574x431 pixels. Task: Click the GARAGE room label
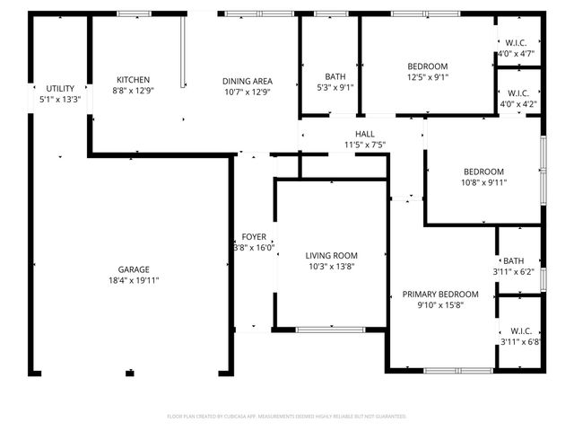click(134, 269)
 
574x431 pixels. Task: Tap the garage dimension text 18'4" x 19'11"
click(134, 280)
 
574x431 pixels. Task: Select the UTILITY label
click(60, 88)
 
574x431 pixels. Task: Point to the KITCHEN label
click(133, 80)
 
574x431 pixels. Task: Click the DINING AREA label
click(247, 81)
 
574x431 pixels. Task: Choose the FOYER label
click(254, 237)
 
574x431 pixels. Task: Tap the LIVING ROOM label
click(331, 255)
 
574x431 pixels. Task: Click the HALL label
click(364, 134)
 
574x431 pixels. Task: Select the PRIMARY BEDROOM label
click(439, 295)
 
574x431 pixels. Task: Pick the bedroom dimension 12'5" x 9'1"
click(427, 77)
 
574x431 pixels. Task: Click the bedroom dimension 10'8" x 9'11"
click(483, 182)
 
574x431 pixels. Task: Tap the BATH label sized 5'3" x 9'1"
click(329, 77)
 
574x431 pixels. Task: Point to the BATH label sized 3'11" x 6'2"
click(513, 260)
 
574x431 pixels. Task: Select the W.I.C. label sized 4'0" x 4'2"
click(517, 93)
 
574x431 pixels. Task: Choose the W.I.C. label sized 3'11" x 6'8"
click(518, 330)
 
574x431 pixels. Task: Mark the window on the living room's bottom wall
click(330, 330)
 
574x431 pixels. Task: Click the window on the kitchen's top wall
click(135, 13)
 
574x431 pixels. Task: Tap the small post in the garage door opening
click(130, 373)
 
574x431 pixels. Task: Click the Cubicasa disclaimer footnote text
click(287, 417)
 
